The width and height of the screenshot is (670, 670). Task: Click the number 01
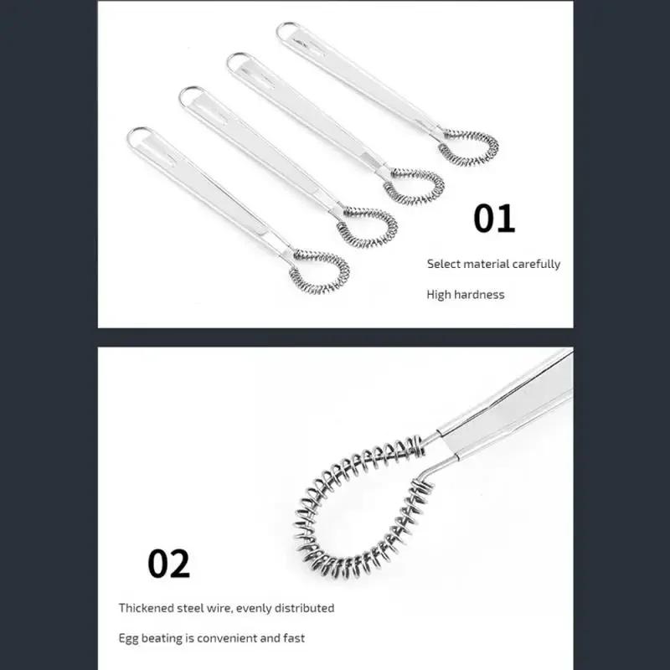click(x=494, y=218)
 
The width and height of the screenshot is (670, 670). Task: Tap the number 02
click(x=169, y=563)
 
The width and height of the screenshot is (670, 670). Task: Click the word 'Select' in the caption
click(x=444, y=264)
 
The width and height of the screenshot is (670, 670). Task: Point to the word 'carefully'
click(x=537, y=264)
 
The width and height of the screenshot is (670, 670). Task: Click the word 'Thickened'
click(x=147, y=608)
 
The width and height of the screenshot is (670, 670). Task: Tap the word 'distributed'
click(x=302, y=608)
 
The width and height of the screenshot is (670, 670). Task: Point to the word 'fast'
click(x=293, y=638)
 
